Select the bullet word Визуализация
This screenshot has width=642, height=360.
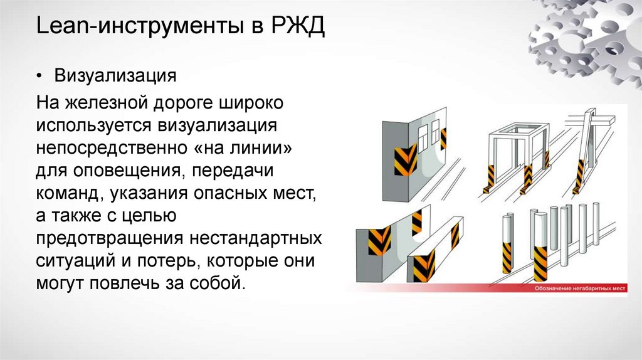click(x=114, y=77)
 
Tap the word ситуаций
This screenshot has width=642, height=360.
click(x=71, y=260)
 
